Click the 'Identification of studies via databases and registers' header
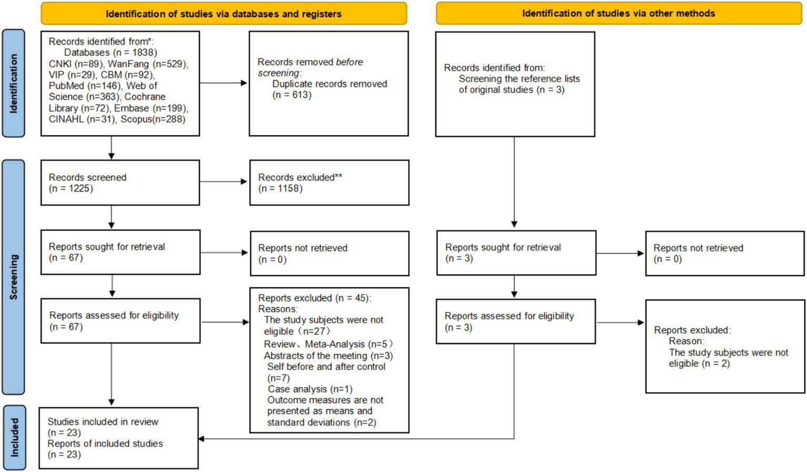click(223, 14)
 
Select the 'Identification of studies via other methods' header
click(618, 14)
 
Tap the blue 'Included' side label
click(14, 437)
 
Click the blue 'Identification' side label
click(14, 84)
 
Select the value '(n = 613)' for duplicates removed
click(292, 95)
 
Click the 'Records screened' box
click(120, 183)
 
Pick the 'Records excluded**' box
click(329, 183)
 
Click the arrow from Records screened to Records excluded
click(223, 182)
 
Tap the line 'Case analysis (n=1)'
click(310, 389)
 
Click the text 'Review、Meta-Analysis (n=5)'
click(328, 344)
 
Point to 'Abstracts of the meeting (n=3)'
click(328, 356)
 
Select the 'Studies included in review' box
click(119, 438)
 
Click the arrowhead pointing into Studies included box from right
click(202, 438)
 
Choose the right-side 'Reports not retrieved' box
click(724, 253)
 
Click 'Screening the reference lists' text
click(519, 79)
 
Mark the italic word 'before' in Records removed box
click(349, 62)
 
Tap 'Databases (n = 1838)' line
click(110, 53)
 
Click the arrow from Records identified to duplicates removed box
click(223, 83)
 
